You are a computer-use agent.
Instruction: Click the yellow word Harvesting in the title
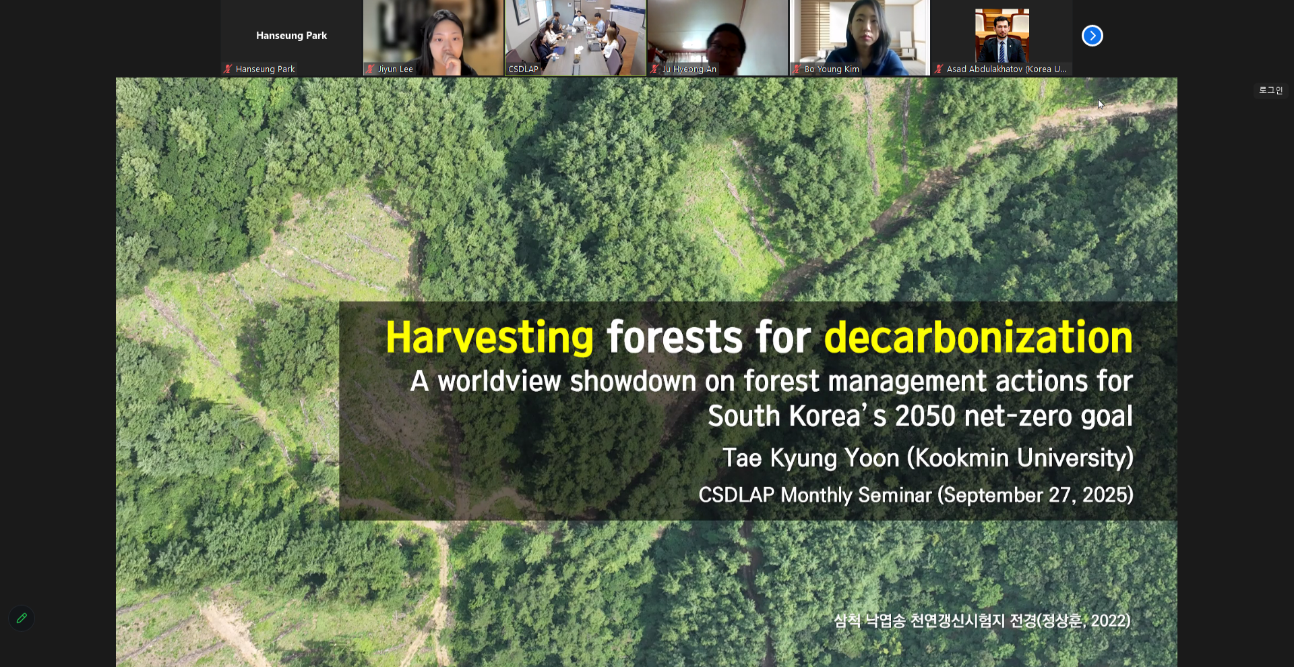(x=489, y=337)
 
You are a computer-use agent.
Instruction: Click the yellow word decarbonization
(x=979, y=337)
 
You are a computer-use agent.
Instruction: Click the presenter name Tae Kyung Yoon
(x=811, y=458)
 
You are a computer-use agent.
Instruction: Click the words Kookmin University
(x=1020, y=458)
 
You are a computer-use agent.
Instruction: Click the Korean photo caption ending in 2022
(x=982, y=620)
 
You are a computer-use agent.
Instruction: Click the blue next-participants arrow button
(x=1092, y=36)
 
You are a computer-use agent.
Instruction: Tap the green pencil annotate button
(x=22, y=618)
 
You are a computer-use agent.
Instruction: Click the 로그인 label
(x=1270, y=90)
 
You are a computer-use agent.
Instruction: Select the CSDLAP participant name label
(x=523, y=69)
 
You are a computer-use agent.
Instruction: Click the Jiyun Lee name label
(x=395, y=69)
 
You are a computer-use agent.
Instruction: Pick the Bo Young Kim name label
(x=832, y=69)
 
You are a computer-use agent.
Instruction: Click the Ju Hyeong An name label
(x=689, y=69)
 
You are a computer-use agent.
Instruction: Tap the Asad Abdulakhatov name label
(x=1006, y=69)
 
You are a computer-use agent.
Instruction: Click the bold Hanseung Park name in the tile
(x=291, y=36)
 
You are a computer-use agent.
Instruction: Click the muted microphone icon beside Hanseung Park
(x=228, y=69)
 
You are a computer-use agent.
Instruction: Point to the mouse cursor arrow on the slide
(x=1101, y=105)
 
